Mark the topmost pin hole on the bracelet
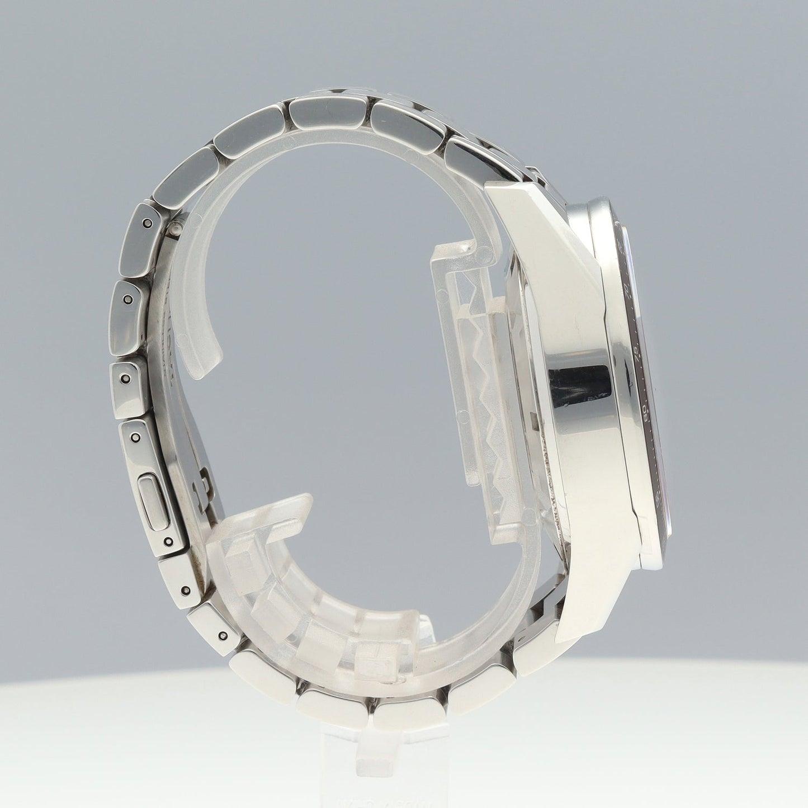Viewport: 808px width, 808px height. click(147, 223)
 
